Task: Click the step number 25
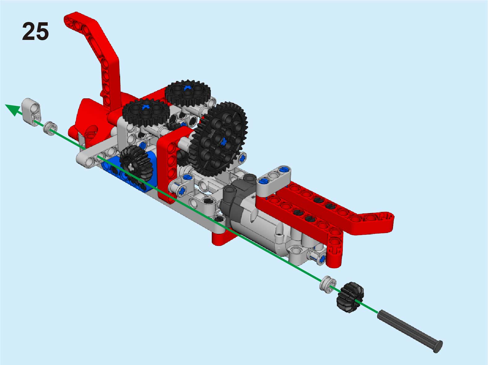35,31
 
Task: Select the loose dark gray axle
410,331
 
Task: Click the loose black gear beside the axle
350,297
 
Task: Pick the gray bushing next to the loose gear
328,285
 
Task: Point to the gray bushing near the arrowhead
50,129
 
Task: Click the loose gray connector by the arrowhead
31,112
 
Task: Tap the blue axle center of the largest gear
224,141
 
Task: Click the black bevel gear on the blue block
136,164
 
